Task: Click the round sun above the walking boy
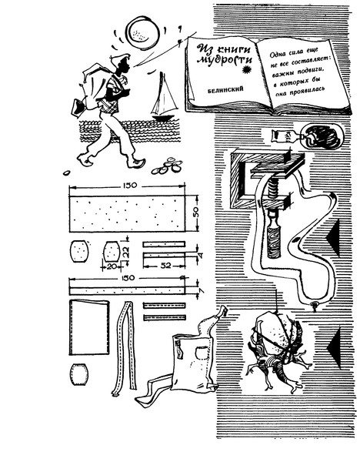[142, 32]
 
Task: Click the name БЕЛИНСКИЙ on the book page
[225, 89]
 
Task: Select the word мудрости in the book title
[225, 61]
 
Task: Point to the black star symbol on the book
[245, 70]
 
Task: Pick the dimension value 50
[196, 213]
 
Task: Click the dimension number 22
[126, 253]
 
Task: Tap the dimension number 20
[111, 266]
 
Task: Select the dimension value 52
[165, 265]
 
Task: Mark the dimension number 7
[202, 290]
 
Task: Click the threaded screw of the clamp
[273, 189]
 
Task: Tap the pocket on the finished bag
[202, 352]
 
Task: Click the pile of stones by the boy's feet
[167, 166]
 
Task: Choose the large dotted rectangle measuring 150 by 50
[127, 213]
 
